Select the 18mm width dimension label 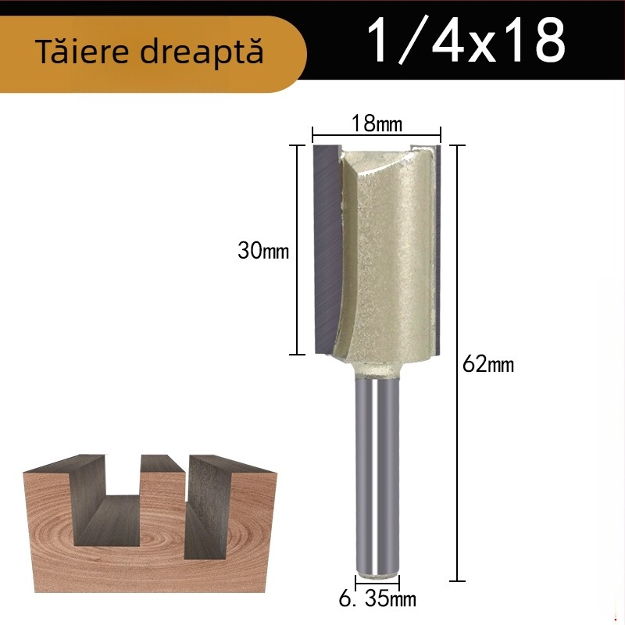(x=376, y=123)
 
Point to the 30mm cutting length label (x=263, y=252)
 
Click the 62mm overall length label (x=488, y=364)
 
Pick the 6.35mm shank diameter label (x=377, y=600)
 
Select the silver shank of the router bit (x=377, y=469)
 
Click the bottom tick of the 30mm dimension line (x=297, y=355)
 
